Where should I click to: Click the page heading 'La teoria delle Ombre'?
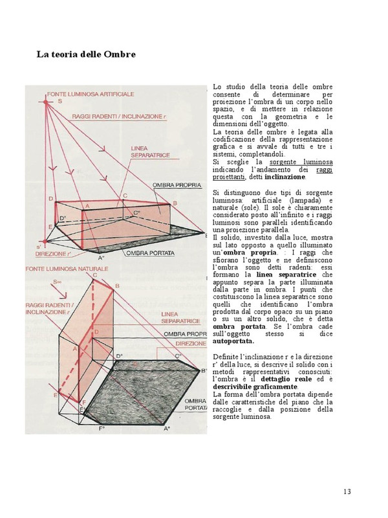point(85,54)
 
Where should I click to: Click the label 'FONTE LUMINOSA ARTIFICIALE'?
point(90,95)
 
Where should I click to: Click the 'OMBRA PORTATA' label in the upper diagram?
point(150,253)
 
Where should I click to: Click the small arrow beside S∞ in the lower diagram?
point(63,282)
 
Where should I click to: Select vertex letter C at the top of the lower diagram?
point(94,275)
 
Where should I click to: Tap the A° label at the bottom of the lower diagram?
point(166,429)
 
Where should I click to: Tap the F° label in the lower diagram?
point(102,429)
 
